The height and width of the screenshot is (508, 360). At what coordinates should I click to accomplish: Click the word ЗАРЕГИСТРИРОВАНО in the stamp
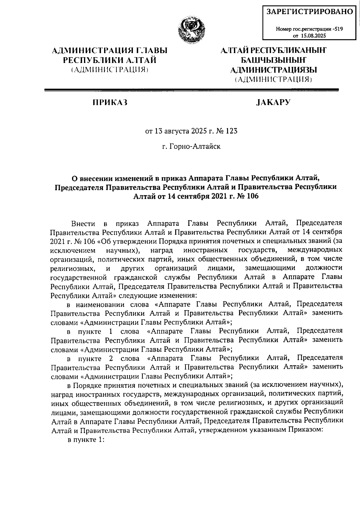(x=310, y=12)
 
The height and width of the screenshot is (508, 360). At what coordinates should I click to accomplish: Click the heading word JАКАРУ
(x=273, y=103)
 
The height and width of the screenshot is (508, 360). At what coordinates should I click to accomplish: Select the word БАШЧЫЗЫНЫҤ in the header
(x=273, y=60)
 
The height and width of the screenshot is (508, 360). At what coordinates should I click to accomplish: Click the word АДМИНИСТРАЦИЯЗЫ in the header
(x=273, y=70)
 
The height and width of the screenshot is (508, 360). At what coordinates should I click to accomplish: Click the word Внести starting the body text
(x=83, y=224)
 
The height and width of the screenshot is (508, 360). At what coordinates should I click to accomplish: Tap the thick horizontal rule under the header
(x=192, y=90)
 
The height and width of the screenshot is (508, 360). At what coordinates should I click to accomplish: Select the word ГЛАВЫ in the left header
(x=151, y=51)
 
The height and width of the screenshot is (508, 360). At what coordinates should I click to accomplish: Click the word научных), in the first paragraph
(x=122, y=250)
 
